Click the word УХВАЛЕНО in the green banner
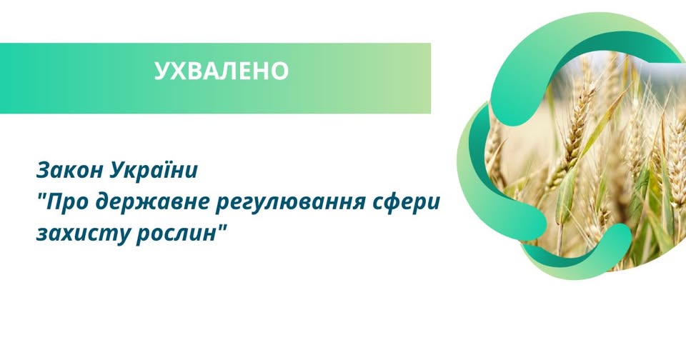coord(222,71)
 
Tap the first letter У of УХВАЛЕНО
coord(162,71)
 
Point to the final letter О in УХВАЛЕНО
coord(279,71)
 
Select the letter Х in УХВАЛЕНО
coord(178,71)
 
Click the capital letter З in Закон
coord(42,171)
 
